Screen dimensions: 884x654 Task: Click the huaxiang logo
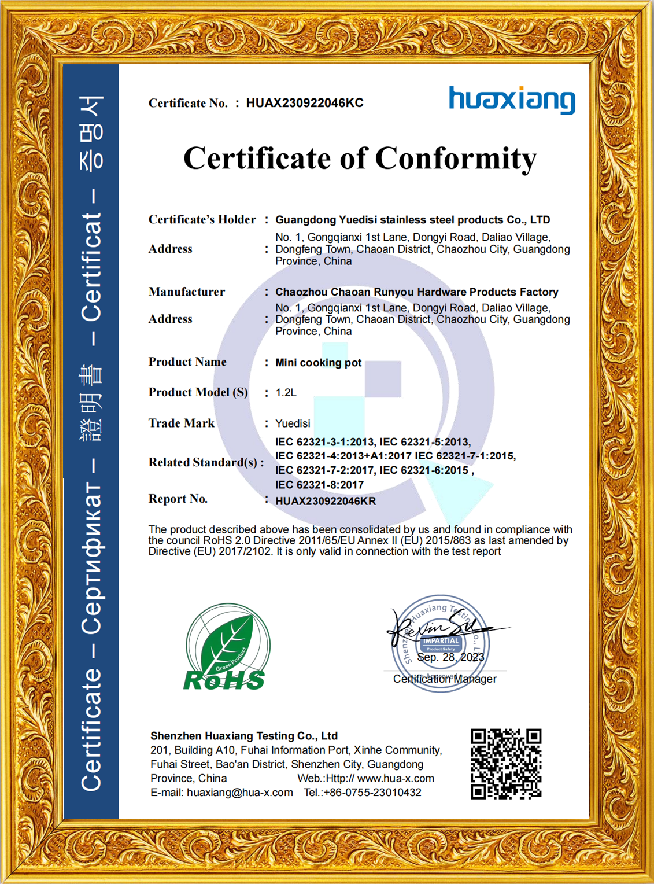pos(512,100)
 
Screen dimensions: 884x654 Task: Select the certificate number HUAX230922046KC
pos(305,103)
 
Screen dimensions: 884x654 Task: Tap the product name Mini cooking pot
pos(318,363)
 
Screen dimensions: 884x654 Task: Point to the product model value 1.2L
pos(286,393)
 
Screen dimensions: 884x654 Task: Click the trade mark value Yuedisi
pos(293,423)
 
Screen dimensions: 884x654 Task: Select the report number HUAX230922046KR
pos(326,501)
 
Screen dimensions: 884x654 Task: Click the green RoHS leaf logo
pos(227,647)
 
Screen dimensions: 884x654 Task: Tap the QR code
pos(506,764)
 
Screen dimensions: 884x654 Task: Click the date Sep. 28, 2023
pos(450,657)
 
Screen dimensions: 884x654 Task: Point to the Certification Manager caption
pos(445,679)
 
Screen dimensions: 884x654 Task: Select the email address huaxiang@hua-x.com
pos(239,793)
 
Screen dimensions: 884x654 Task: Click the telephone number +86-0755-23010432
pos(372,793)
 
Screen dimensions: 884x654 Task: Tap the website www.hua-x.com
pos(396,779)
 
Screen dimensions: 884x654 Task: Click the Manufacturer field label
pos(187,292)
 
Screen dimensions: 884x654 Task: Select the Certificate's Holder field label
pos(202,220)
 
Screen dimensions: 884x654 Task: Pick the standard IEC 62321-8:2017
pos(319,485)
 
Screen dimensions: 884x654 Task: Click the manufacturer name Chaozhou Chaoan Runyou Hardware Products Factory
pos(416,292)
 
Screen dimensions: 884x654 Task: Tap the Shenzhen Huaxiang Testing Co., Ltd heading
pos(243,736)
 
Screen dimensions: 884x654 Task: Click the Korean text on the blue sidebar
pos(91,133)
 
